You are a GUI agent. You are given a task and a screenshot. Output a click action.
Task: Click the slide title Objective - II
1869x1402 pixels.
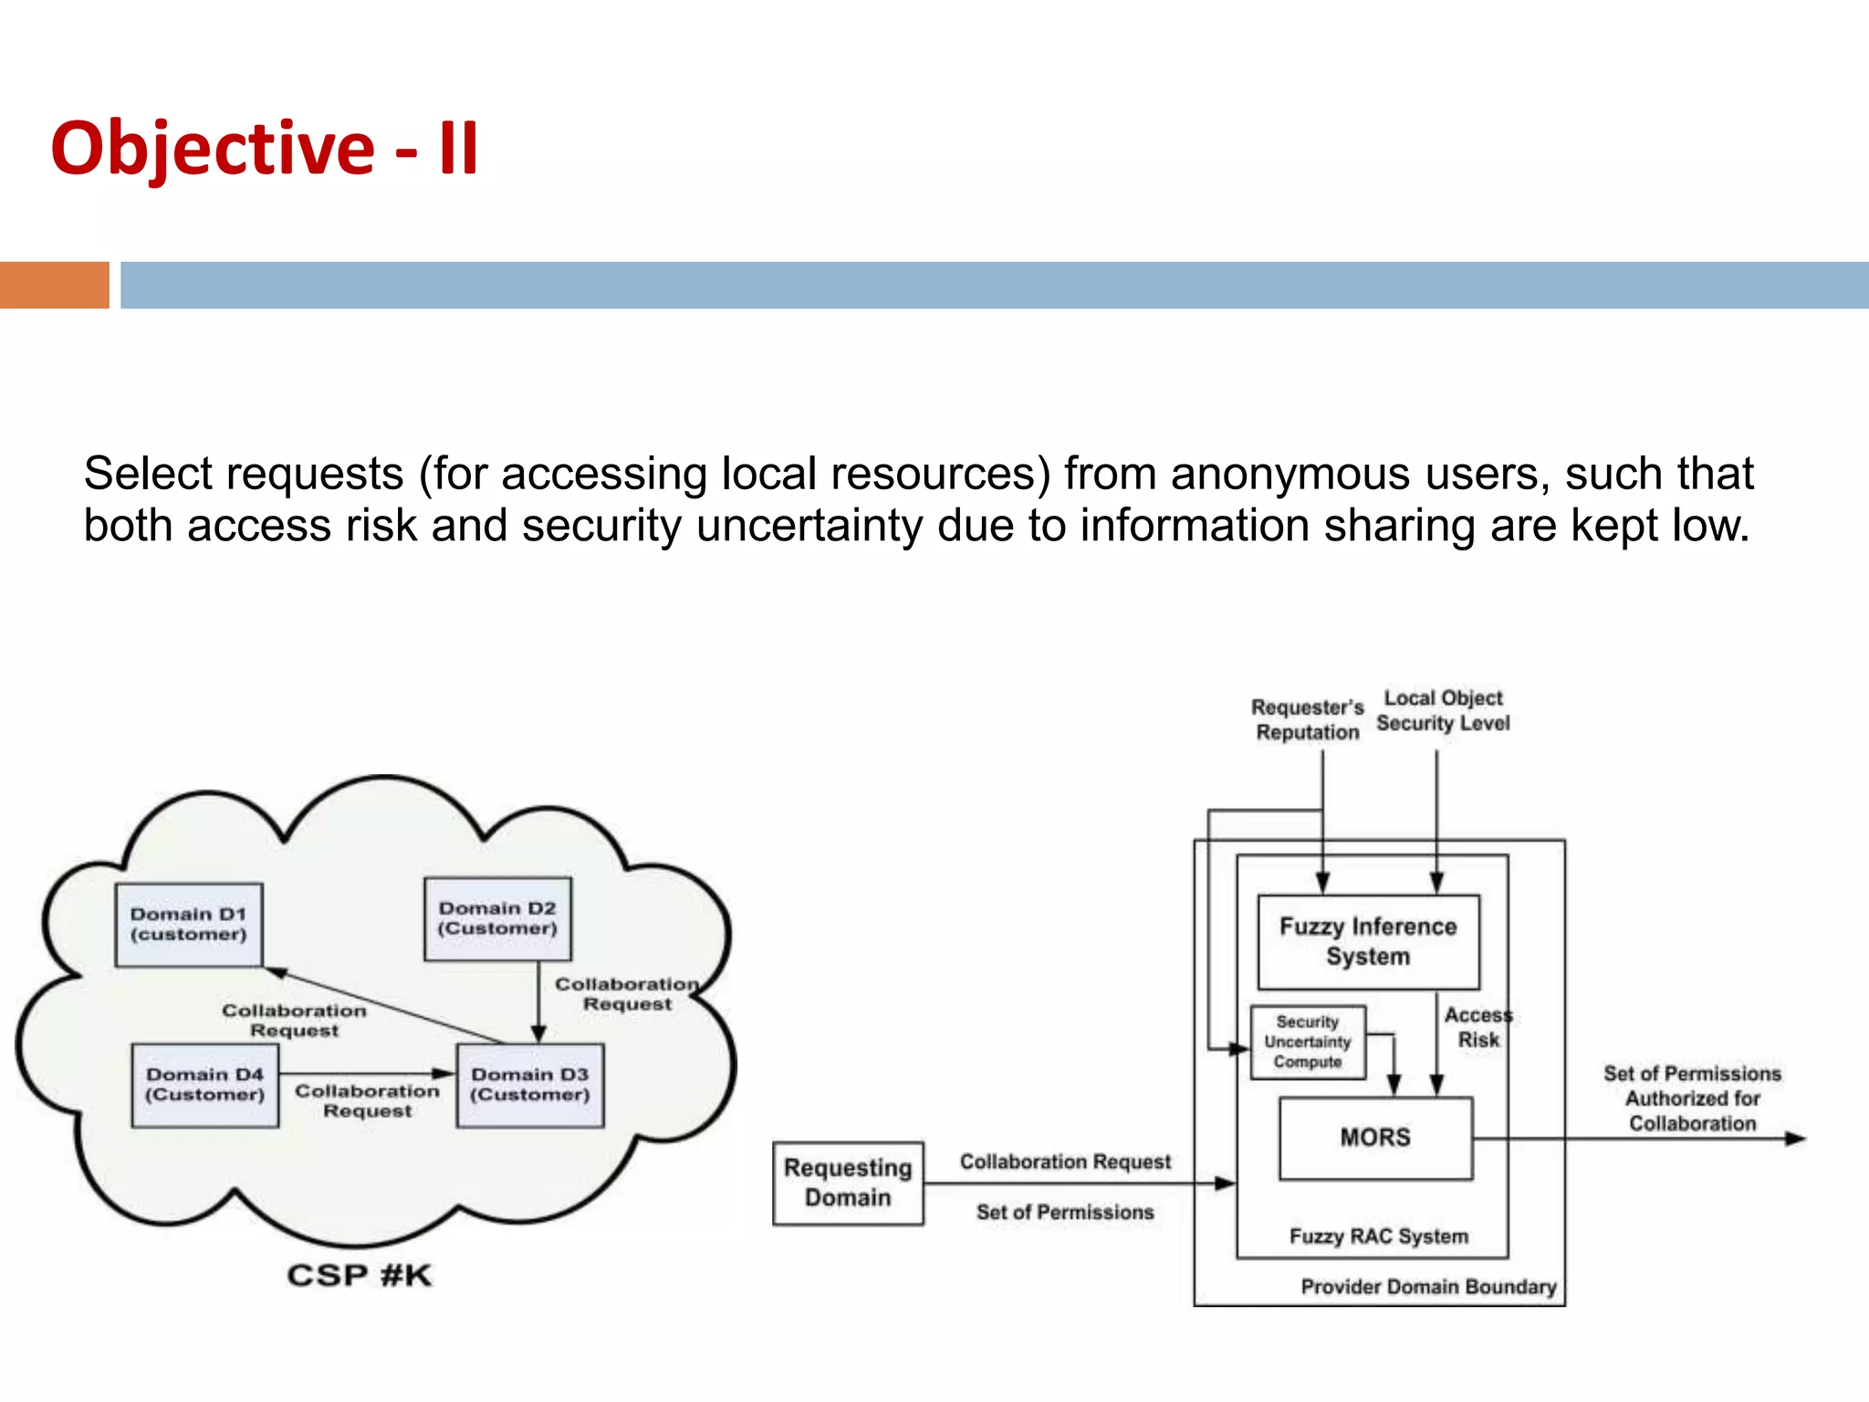click(x=265, y=148)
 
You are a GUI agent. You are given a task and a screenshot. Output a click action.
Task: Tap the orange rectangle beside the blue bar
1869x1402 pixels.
click(x=54, y=285)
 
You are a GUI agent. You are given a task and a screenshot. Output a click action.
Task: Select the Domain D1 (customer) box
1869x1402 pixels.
click(x=189, y=925)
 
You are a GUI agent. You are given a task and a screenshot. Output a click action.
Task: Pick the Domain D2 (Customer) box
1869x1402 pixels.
click(x=497, y=919)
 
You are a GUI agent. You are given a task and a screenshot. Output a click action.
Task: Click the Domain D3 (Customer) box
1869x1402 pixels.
click(x=530, y=1085)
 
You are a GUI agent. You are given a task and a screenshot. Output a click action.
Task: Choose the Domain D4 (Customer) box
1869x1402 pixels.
click(x=204, y=1085)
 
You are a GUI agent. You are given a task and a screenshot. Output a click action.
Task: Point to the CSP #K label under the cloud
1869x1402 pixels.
click(x=360, y=1275)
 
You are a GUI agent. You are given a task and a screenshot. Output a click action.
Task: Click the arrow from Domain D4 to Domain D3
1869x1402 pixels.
click(x=365, y=1073)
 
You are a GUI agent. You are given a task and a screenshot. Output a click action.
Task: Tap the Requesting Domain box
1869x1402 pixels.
click(x=848, y=1183)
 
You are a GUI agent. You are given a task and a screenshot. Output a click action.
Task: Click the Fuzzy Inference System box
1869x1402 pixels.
click(x=1368, y=941)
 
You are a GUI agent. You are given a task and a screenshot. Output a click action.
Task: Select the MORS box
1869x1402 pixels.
click(x=1375, y=1137)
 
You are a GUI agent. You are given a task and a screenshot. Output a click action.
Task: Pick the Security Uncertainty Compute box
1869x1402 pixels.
click(x=1307, y=1042)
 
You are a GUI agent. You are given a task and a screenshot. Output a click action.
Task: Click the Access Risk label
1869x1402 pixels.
click(x=1478, y=1028)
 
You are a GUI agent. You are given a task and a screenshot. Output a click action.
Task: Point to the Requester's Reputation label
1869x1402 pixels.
click(x=1307, y=719)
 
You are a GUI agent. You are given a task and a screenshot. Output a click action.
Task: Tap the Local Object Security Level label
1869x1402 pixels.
click(x=1443, y=710)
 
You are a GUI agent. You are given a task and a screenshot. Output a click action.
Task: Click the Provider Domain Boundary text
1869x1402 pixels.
click(x=1428, y=1287)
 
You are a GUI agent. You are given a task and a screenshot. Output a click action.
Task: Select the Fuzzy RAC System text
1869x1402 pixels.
click(x=1379, y=1237)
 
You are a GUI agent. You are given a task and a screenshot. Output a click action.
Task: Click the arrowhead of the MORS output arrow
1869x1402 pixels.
click(x=1795, y=1138)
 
